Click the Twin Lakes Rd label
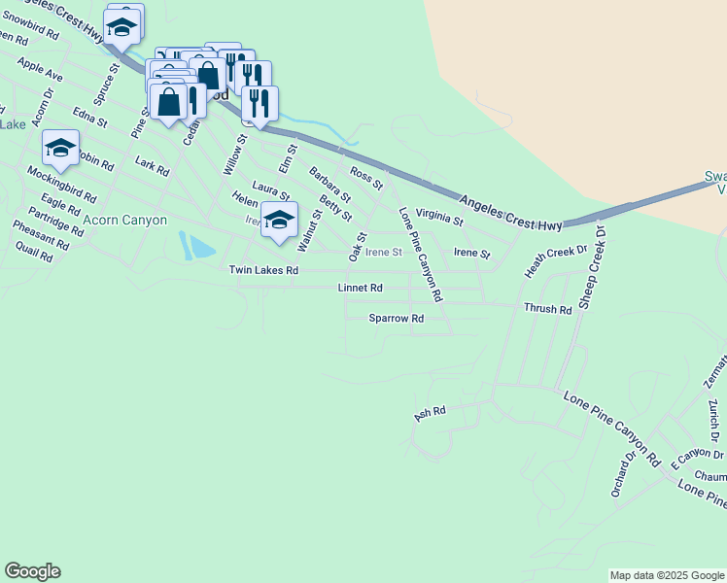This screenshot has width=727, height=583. [262, 270]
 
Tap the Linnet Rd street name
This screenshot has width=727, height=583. [360, 289]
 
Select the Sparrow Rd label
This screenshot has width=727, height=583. [397, 318]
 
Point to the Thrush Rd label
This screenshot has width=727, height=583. [547, 309]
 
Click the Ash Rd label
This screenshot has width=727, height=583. [429, 413]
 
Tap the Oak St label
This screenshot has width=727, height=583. [357, 244]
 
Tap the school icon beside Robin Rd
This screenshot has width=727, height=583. [60, 148]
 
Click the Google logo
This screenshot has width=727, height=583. [32, 571]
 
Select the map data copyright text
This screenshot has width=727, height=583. [667, 576]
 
